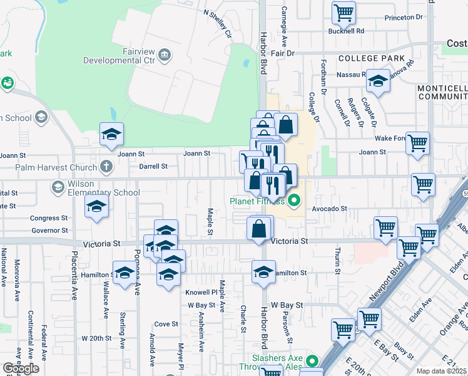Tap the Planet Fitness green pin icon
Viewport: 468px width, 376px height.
tap(293, 201)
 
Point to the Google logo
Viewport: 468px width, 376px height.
tap(21, 368)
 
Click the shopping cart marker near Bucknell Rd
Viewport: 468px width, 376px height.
tap(343, 12)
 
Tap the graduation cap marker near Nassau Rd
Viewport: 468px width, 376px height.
tap(378, 80)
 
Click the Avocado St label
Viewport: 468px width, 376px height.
tap(329, 209)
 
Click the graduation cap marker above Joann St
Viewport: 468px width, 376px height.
tap(111, 134)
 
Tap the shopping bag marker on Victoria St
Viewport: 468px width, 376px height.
tap(259, 229)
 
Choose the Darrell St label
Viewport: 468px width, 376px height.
tap(153, 167)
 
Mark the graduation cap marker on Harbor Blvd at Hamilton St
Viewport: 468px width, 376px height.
tap(263, 272)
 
